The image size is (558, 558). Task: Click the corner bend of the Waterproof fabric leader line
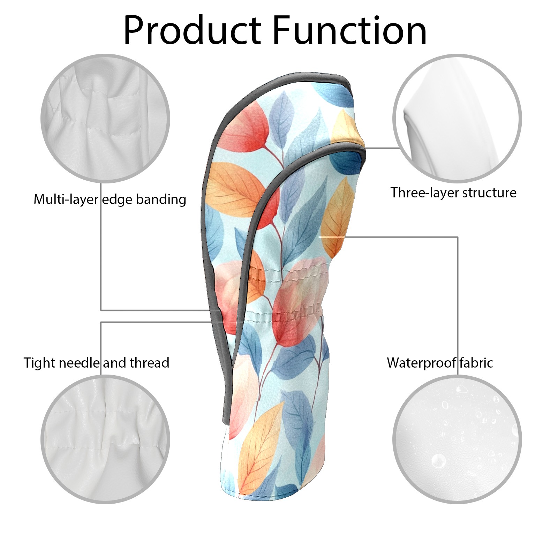458,237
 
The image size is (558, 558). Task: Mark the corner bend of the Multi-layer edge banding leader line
101,310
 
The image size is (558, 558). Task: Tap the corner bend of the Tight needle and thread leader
101,322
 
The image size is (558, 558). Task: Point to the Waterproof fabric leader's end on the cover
319,237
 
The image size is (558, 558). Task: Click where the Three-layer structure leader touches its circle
400,148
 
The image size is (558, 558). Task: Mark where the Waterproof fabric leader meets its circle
458,375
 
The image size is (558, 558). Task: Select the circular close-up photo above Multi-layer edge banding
105,118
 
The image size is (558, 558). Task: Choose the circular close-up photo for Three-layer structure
457,118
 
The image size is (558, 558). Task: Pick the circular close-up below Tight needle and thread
105,439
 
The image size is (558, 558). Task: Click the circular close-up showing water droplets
457,439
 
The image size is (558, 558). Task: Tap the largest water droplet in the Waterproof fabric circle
438,461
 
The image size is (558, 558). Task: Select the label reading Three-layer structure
453,193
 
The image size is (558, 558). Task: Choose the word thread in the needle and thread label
150,363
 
